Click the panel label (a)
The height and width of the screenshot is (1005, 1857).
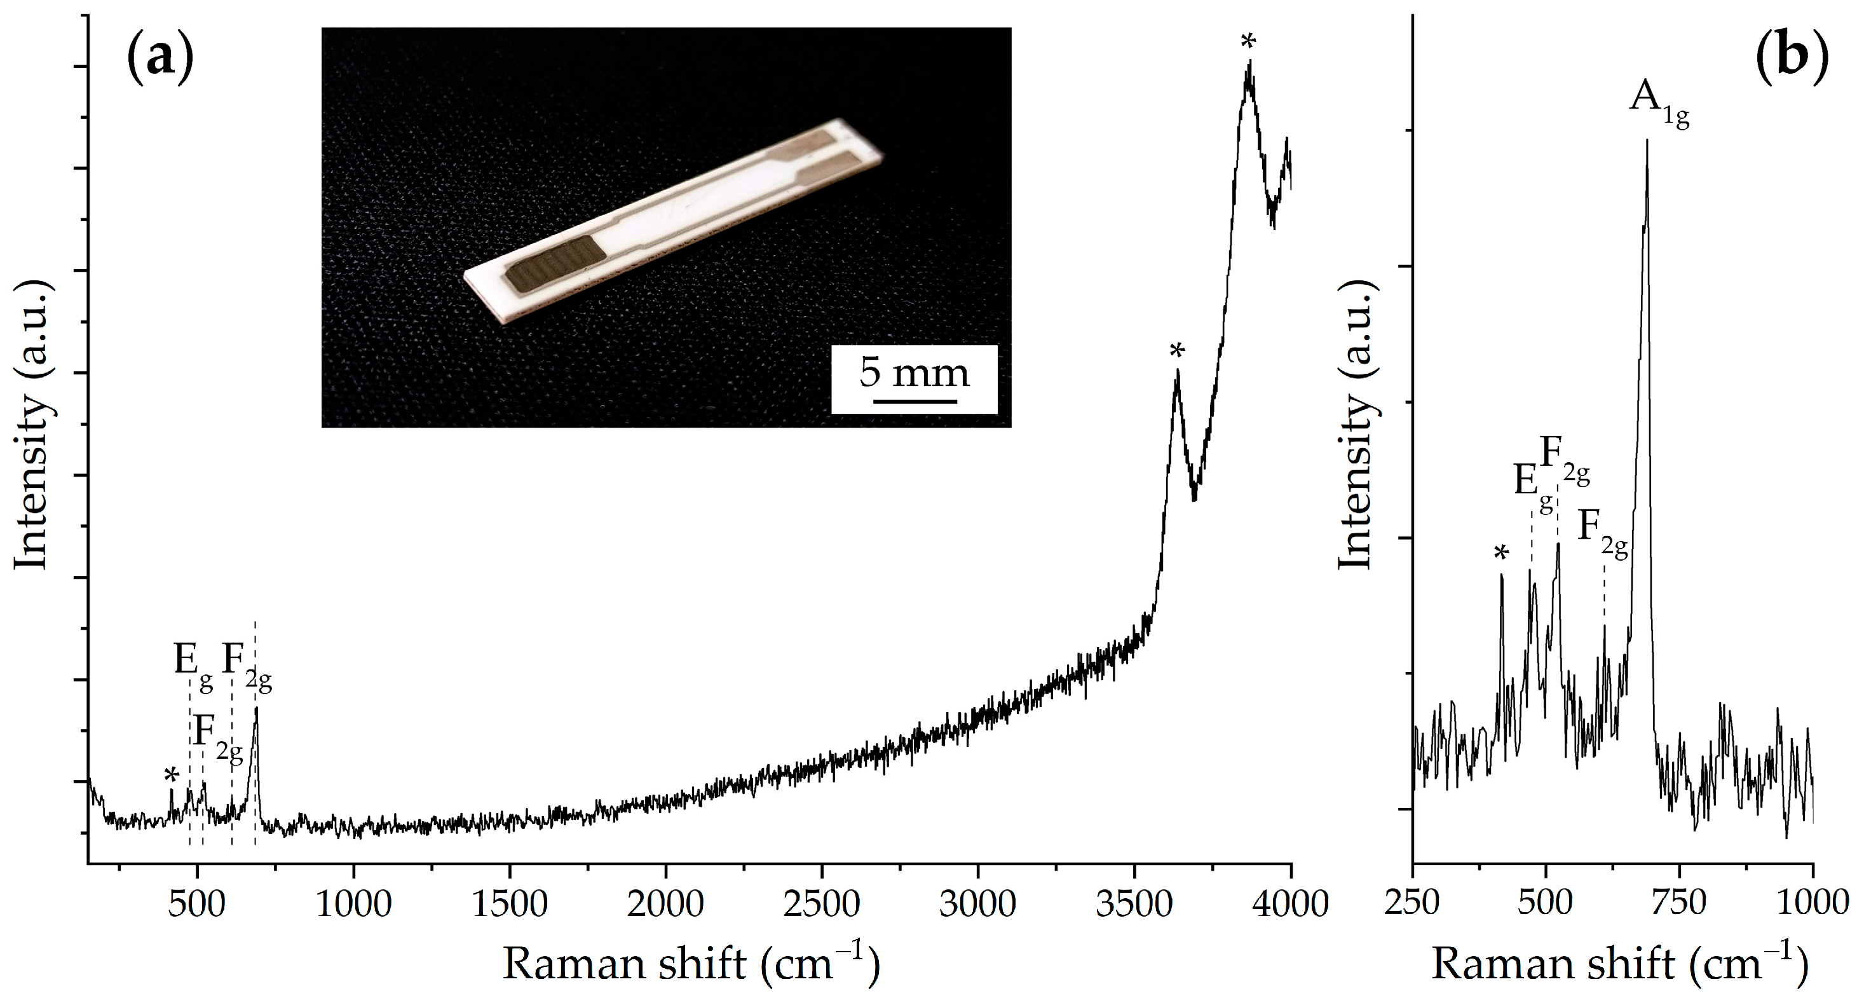[x=160, y=58]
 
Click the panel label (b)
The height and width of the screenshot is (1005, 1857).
[x=1791, y=58]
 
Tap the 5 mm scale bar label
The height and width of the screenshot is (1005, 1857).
[x=913, y=373]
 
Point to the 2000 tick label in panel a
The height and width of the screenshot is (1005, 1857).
[x=665, y=903]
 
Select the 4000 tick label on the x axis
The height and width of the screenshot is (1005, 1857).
[x=1289, y=903]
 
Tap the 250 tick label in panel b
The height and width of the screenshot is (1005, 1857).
[x=1412, y=903]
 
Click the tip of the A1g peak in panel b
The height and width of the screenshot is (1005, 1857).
[x=1647, y=141]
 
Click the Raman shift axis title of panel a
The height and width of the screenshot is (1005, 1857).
[x=691, y=964]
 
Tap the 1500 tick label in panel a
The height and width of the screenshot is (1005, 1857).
[x=510, y=903]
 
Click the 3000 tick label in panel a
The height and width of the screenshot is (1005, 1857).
[x=977, y=903]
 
